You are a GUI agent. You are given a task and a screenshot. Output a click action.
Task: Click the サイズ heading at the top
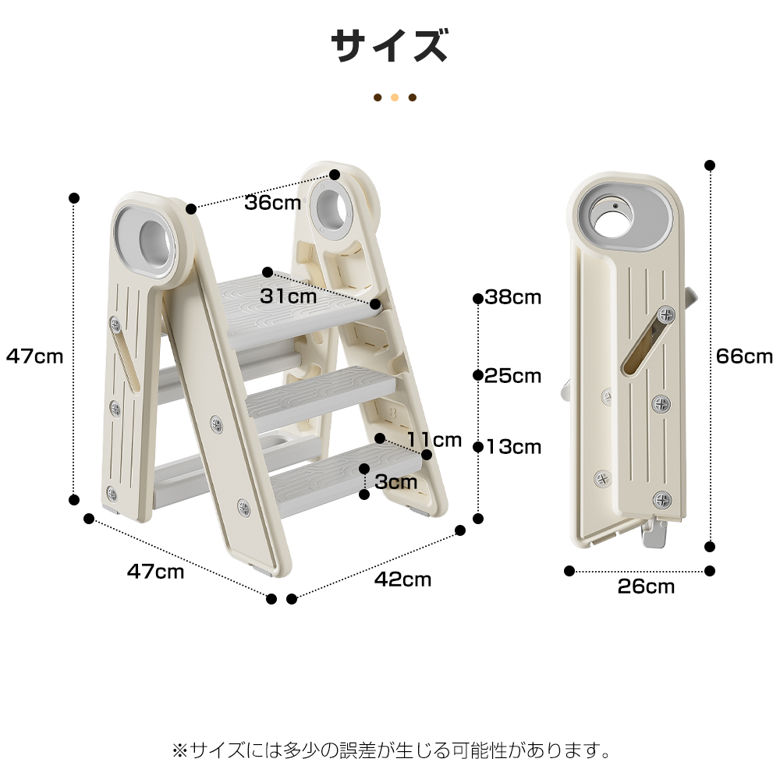click(389, 46)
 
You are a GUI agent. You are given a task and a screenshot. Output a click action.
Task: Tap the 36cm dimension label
click(272, 203)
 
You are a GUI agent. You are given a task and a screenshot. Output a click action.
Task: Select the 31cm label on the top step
click(288, 296)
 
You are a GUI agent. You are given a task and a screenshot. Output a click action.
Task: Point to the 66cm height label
click(744, 356)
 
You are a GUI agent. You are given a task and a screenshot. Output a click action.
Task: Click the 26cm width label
click(646, 587)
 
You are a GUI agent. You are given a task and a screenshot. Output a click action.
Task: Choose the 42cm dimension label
click(402, 580)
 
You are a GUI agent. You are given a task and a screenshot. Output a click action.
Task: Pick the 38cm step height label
click(513, 297)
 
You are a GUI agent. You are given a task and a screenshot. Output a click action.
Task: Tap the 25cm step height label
click(513, 376)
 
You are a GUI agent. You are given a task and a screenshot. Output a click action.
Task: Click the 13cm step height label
click(514, 447)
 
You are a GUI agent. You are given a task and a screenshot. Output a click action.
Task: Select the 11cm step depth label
click(434, 440)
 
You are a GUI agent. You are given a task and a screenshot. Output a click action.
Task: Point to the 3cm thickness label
click(396, 481)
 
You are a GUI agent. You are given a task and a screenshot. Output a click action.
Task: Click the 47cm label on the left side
click(34, 356)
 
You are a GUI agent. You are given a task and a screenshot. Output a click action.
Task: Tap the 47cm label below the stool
click(155, 572)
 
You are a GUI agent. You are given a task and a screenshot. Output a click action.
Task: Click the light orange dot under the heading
click(395, 97)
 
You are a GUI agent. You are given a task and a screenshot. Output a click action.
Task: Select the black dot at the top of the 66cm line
click(710, 165)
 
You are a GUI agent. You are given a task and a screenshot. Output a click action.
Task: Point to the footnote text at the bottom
click(392, 750)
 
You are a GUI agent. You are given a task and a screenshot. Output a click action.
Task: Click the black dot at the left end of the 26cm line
click(569, 571)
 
